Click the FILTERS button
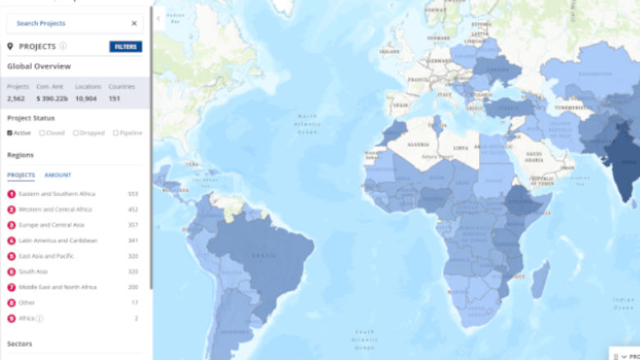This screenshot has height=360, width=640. coord(126,47)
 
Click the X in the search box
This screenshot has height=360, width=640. coord(135,23)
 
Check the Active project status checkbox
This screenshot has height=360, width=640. coord(10,133)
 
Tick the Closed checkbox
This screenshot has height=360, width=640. coord(42,133)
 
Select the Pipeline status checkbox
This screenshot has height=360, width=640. coord(116,133)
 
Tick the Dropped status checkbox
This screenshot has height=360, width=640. coord(75,133)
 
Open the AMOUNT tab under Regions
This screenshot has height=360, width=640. coord(57,175)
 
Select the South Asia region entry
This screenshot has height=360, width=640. coord(34,271)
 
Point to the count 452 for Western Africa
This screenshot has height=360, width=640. coord(133,209)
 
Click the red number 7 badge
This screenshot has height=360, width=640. coord(11,287)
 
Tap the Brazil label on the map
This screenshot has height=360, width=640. coord(265,255)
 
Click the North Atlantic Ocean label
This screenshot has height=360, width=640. coord(307,124)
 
